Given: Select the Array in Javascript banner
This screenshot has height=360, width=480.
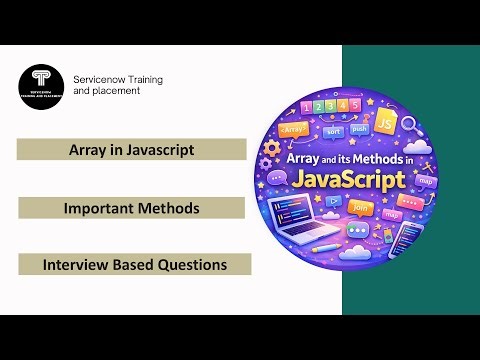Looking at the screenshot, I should pyautogui.click(x=131, y=150).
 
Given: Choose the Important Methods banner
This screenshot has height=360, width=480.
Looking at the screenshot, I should pyautogui.click(x=131, y=208).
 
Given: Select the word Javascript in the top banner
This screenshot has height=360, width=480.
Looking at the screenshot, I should pyautogui.click(x=159, y=150).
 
